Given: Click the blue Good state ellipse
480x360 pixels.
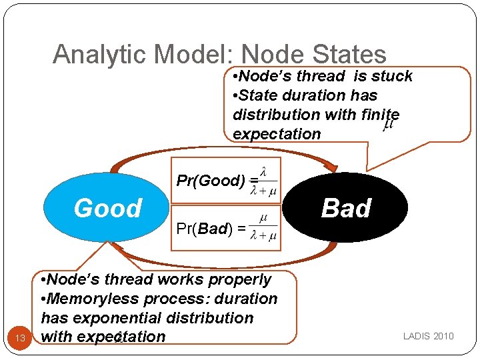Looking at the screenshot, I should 107,208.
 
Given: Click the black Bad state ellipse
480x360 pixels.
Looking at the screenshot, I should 345,208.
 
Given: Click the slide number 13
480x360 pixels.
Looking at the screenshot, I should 20,338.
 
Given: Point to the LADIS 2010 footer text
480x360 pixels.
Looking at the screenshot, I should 428,335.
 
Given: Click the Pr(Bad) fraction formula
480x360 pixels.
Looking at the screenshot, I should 263,229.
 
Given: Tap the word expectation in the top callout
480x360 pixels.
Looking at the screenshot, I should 277,133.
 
